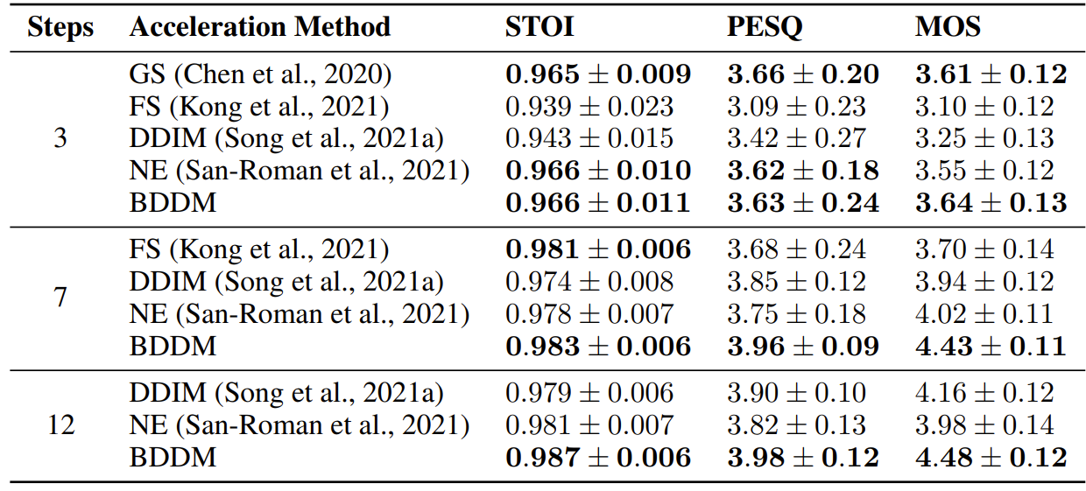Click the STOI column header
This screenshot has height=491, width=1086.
[539, 27]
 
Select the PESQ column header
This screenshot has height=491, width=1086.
[764, 27]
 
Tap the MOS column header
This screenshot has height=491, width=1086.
[948, 27]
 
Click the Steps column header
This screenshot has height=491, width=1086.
[60, 27]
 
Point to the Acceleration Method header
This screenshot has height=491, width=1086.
[260, 27]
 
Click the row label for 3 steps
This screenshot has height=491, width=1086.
[60, 138]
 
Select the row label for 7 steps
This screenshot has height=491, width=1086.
[60, 298]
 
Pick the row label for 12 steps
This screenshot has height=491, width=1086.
[60, 425]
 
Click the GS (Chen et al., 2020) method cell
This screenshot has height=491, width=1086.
[260, 74]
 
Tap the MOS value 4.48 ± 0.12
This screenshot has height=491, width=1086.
[991, 457]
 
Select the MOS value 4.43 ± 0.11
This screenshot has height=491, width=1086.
[991, 346]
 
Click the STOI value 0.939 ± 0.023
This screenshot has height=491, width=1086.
[589, 107]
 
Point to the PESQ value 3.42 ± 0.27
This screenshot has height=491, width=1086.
[796, 138]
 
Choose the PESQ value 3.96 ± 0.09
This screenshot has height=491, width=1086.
[802, 346]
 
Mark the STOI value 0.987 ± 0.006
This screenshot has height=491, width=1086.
[597, 457]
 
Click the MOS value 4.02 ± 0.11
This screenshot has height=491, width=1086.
[984, 314]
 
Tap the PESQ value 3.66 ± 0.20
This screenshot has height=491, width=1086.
[802, 74]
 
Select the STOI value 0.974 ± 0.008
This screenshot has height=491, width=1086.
[589, 282]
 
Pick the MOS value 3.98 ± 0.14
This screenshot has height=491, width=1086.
[984, 425]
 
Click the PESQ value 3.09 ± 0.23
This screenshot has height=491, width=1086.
[796, 107]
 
